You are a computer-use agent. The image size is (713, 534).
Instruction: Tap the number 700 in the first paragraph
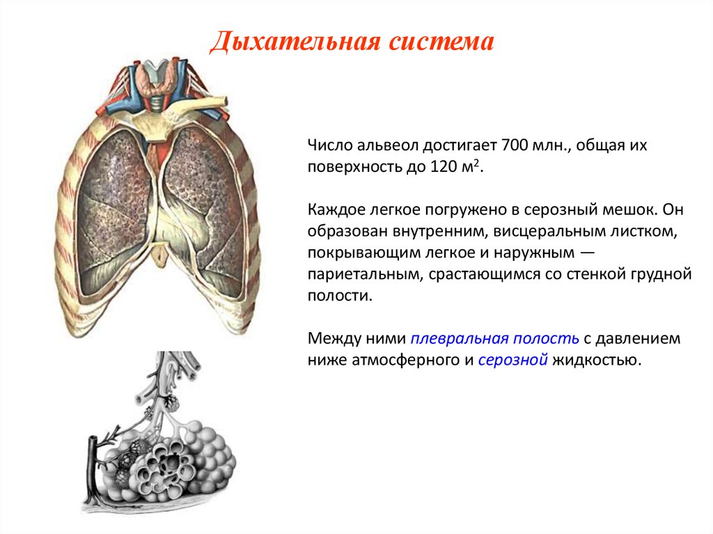515,145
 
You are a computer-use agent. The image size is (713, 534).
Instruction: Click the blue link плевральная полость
495,338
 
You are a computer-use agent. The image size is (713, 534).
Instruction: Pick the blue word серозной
513,360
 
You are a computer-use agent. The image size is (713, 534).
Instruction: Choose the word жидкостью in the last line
597,360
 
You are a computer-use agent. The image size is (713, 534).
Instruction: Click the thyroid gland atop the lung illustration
157,77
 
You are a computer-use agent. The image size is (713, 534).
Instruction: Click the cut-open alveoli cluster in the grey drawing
164,469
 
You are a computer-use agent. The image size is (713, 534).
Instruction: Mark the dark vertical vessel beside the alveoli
93,469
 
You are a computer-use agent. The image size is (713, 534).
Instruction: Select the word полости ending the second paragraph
340,296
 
